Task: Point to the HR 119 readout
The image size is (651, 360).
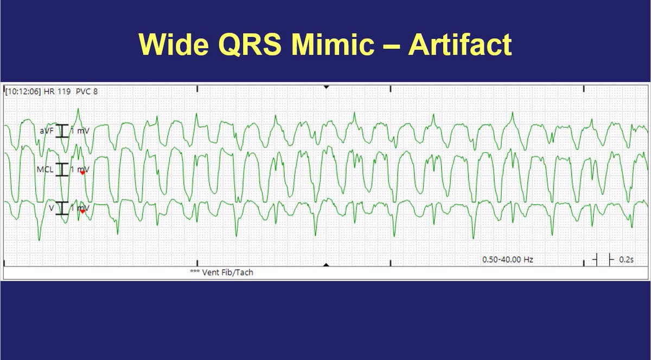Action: click(52, 92)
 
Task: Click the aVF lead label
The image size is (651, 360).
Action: click(46, 131)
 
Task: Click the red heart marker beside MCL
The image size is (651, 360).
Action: click(82, 173)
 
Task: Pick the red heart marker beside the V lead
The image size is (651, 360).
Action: click(82, 211)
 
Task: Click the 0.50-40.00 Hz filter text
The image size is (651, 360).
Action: click(508, 260)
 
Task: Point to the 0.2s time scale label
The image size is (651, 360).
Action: click(626, 260)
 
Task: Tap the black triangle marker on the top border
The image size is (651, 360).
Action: click(325, 87)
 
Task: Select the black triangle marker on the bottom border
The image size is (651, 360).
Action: click(325, 265)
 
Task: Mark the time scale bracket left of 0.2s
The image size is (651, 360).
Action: click(603, 260)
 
